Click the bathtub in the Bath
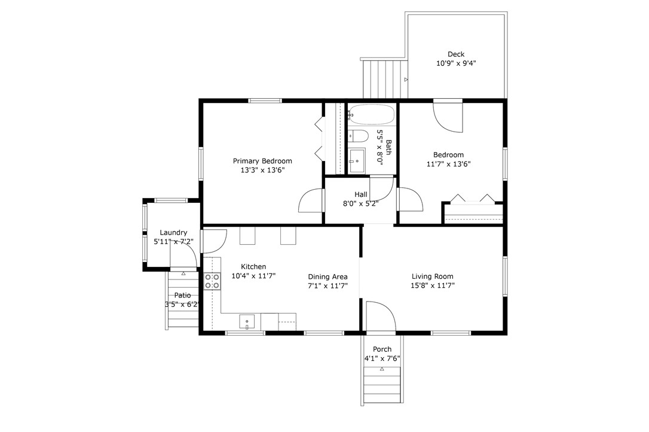pyautogui.click(x=371, y=114)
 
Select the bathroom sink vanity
pyautogui.click(x=357, y=160)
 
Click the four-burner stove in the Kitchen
pyautogui.click(x=212, y=281)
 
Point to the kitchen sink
pyautogui.click(x=247, y=322)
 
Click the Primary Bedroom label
pyautogui.click(x=262, y=161)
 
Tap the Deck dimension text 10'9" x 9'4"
pyautogui.click(x=456, y=63)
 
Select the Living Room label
pyautogui.click(x=433, y=276)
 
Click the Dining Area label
pyautogui.click(x=328, y=276)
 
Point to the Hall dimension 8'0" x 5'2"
pyautogui.click(x=360, y=203)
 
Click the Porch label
pyautogui.click(x=382, y=349)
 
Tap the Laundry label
pyautogui.click(x=173, y=233)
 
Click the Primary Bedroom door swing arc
pyautogui.click(x=310, y=200)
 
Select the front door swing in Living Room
pyautogui.click(x=381, y=316)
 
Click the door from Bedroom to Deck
pyautogui.click(x=448, y=117)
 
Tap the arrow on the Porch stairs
pyautogui.click(x=382, y=369)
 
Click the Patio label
pyautogui.click(x=182, y=295)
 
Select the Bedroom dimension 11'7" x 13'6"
pyautogui.click(x=449, y=164)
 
